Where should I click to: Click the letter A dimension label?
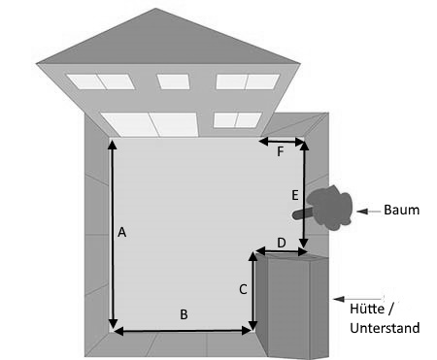[x=121, y=232]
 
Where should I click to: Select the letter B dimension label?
[x=184, y=314]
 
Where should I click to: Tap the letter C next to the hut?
[x=243, y=289]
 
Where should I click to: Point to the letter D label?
[x=282, y=243]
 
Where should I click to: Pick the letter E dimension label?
[x=295, y=195]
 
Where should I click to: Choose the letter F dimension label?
[x=281, y=151]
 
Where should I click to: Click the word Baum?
[x=402, y=210]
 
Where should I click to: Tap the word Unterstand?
[x=385, y=328]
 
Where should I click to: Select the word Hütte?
[x=367, y=309]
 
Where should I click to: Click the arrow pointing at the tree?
[x=368, y=212]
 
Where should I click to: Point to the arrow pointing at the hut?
[x=357, y=299]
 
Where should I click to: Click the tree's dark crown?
[x=330, y=207]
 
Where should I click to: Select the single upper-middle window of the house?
[x=174, y=82]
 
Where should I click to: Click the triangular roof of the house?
[x=168, y=36]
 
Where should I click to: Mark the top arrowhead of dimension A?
[x=112, y=145]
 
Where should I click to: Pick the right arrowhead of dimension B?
[x=247, y=331]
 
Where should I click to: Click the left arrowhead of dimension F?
[x=263, y=142]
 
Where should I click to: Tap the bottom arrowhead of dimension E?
[x=304, y=244]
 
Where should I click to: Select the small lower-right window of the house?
[x=238, y=119]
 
